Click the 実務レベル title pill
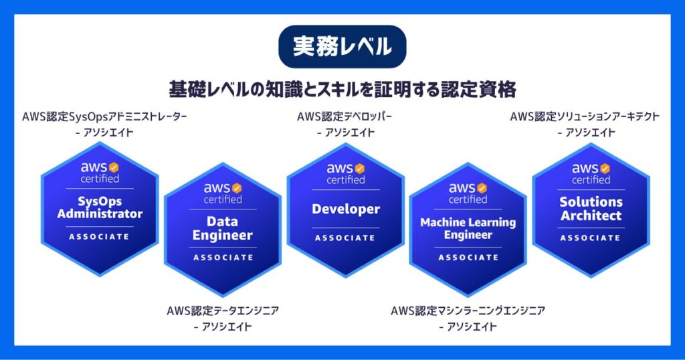click(x=342, y=46)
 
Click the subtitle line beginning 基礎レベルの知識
click(x=342, y=90)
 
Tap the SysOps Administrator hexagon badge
click(x=100, y=209)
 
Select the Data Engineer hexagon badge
click(x=223, y=230)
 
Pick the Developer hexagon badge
click(x=346, y=209)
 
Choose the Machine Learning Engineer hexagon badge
click(x=468, y=230)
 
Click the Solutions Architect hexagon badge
click(x=591, y=209)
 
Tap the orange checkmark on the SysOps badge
click(x=114, y=167)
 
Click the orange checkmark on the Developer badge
click(x=359, y=169)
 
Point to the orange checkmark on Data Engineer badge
click(x=236, y=188)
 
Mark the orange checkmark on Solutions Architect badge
click(x=605, y=169)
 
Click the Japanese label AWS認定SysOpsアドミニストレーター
click(x=104, y=116)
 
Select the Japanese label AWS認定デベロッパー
click(x=345, y=116)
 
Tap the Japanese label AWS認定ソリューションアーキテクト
click(x=585, y=116)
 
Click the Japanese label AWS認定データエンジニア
click(x=223, y=311)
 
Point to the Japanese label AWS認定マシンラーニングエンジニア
click(x=468, y=311)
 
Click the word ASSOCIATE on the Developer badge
click(x=345, y=238)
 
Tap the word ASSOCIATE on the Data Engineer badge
click(x=223, y=258)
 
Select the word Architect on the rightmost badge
click(x=591, y=215)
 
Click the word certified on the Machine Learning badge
click(x=468, y=199)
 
